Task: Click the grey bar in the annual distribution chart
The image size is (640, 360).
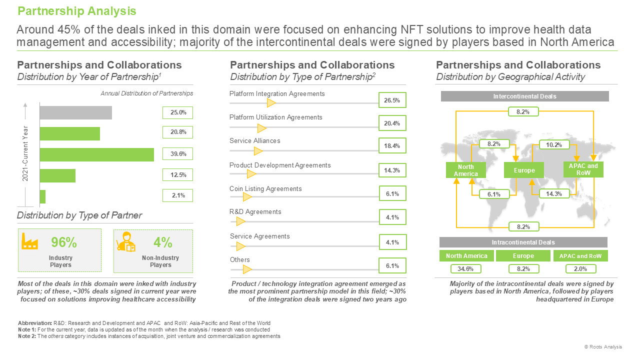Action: point(75,113)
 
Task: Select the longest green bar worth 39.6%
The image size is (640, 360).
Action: point(97,154)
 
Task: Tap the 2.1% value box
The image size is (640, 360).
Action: point(177,195)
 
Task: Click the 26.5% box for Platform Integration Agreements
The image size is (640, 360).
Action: point(392,100)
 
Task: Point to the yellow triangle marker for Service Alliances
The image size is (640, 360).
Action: point(258,151)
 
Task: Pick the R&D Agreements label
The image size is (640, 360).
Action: point(255,211)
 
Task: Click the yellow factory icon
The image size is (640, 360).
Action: point(29,241)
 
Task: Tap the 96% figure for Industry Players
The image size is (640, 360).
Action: point(64,242)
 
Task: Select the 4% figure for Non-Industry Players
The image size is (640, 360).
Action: point(163,242)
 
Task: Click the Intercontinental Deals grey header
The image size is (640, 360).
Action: point(525,96)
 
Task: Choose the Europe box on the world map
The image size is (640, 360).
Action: point(524,170)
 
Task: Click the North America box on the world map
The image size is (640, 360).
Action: point(466,170)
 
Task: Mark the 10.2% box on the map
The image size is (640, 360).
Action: point(554,145)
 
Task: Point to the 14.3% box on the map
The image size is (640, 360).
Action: point(554,194)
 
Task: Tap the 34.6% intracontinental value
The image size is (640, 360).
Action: point(465,269)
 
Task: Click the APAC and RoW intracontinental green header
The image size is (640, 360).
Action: point(580,256)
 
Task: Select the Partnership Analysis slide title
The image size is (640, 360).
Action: point(77,11)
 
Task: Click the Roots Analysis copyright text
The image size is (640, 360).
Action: point(603,346)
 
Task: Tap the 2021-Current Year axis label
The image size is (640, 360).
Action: point(25,153)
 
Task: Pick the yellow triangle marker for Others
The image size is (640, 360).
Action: point(247,269)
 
